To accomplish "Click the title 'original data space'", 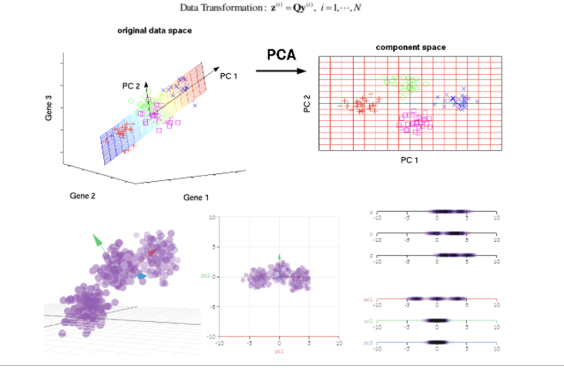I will click(154, 31).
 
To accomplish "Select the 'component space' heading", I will click(410, 48).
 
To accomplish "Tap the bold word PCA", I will click(281, 55).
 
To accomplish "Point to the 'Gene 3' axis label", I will click(49, 107).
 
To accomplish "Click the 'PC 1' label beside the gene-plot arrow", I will click(229, 76).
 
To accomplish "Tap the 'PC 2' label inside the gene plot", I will click(131, 85).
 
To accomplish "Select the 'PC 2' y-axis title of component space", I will click(307, 103).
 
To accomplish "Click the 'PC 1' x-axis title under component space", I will click(409, 159).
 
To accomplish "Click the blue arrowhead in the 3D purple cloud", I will click(141, 274).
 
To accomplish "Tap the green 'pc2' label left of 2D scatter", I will click(206, 275).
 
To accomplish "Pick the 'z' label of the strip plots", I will click(371, 254).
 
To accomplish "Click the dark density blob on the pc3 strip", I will click(436, 341).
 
